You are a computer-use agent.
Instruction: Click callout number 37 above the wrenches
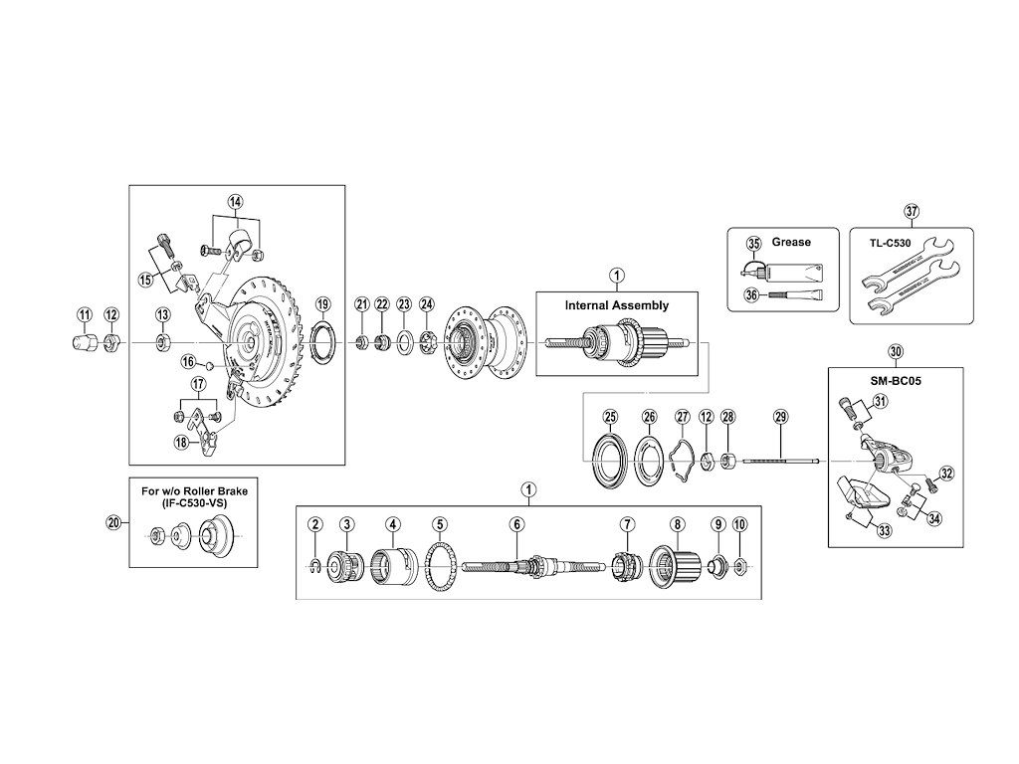911,211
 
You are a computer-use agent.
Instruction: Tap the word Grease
791,242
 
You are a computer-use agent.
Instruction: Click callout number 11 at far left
84,315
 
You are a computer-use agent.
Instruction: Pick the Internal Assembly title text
616,305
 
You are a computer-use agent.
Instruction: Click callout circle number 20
112,521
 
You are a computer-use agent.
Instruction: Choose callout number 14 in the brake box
235,202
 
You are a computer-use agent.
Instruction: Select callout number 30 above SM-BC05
896,352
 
